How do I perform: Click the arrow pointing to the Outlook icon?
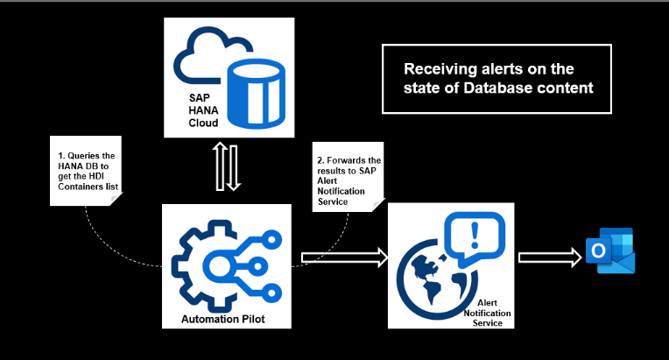point(550,257)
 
